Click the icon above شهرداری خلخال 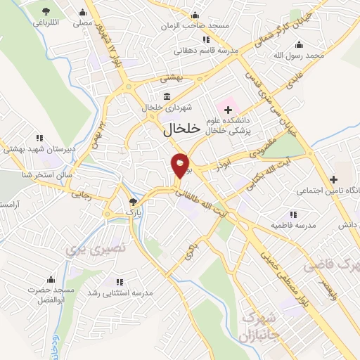(x=166, y=96)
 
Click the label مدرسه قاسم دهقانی (x=206, y=51)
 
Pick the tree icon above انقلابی (x=46, y=11)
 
